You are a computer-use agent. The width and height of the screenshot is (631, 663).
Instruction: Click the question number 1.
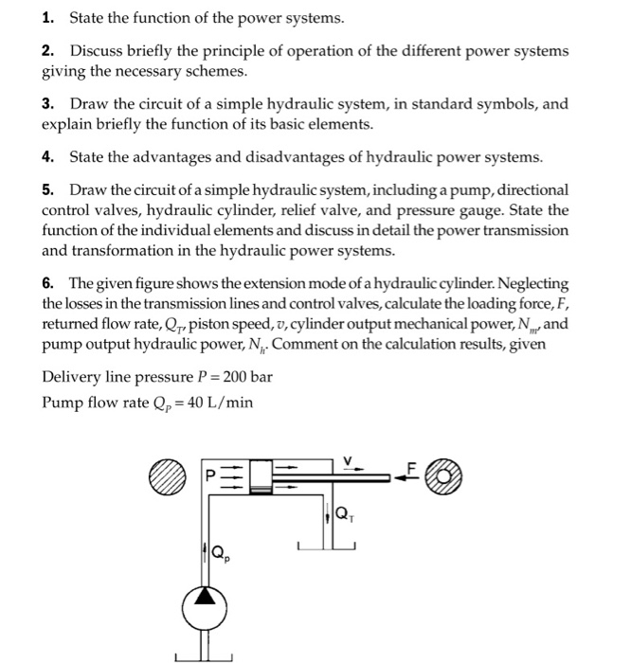click(47, 19)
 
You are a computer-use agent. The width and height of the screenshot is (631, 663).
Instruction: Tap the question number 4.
click(47, 157)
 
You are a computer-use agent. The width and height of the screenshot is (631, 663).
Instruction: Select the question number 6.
click(47, 284)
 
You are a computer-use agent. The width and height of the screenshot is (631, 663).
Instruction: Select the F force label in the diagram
click(411, 466)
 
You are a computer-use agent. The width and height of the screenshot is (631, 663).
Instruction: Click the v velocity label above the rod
click(348, 461)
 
